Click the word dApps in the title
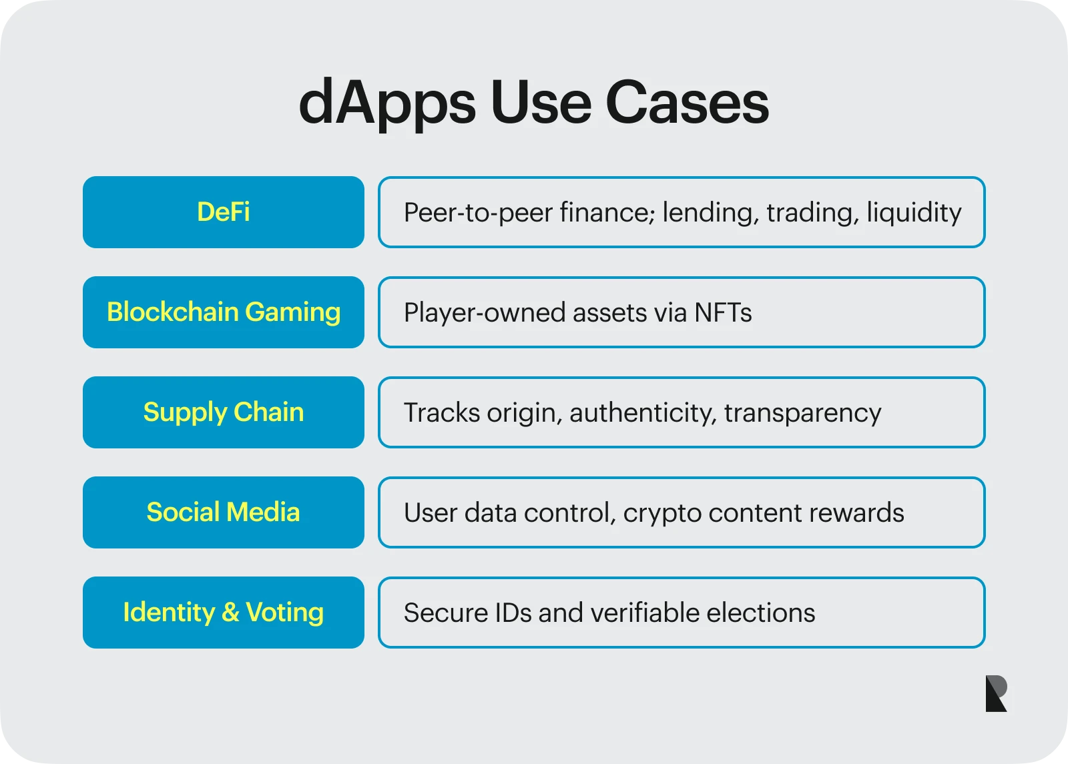click(x=387, y=103)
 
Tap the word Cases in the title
click(x=687, y=103)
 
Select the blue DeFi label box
click(x=224, y=212)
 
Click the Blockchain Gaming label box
click(x=224, y=312)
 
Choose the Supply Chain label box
click(x=224, y=412)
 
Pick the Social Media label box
click(x=224, y=512)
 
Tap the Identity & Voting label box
click(x=224, y=613)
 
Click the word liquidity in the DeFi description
click(x=914, y=213)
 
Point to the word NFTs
click(x=723, y=312)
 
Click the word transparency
click(x=802, y=413)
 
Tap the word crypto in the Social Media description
click(x=661, y=513)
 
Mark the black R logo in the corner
click(x=996, y=694)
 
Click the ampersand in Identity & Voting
click(x=230, y=613)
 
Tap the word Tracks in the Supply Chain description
click(x=441, y=412)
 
